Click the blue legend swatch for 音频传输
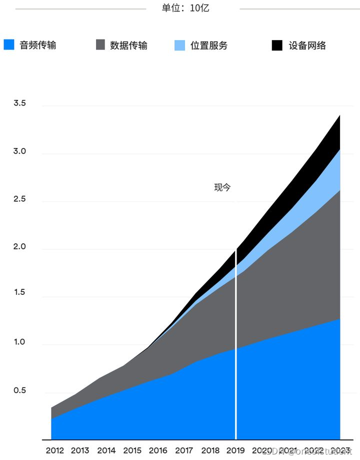tap(8, 45)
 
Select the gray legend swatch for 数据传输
tap(100, 45)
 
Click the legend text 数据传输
tap(128, 45)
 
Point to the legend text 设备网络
tap(307, 45)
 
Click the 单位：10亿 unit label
tap(185, 9)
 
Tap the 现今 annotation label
tap(222, 188)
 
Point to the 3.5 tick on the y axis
tap(19, 104)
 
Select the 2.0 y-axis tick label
tap(19, 247)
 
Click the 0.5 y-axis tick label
tap(19, 390)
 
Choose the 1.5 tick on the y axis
tap(19, 295)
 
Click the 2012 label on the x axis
tap(54, 450)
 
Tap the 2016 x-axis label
tap(158, 450)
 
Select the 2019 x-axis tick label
tap(235, 450)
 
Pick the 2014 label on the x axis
tap(106, 450)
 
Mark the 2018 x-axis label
tap(210, 450)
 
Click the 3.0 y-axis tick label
tap(19, 152)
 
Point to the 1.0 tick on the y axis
tap(19, 343)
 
